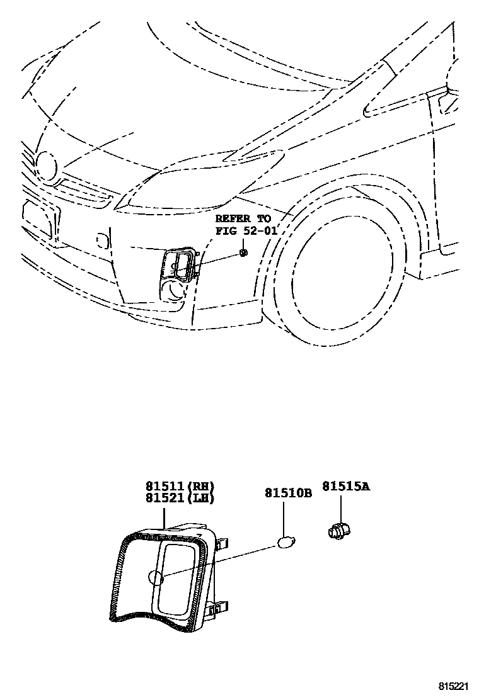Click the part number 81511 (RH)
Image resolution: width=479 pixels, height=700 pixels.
coord(180,486)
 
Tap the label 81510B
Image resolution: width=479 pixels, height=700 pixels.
coord(288,494)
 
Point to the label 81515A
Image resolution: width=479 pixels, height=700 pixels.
coord(346,486)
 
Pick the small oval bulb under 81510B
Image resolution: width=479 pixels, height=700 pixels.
coord(286,541)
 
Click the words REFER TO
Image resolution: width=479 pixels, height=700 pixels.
coord(243,218)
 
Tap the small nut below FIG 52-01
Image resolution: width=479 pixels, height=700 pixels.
coord(243,253)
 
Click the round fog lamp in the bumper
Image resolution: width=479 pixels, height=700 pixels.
coord(172,291)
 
